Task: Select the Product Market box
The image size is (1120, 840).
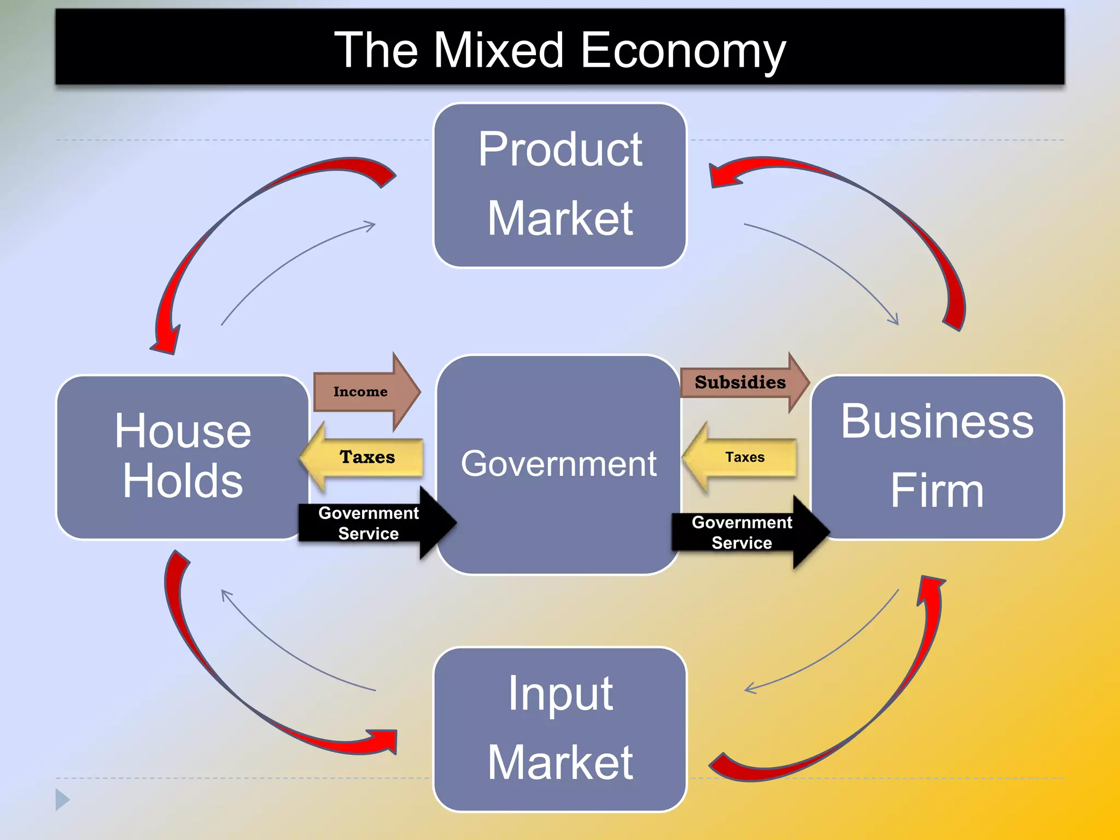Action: coord(559,185)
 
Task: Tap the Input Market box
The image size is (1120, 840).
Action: coord(559,729)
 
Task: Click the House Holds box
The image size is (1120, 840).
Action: coord(182,457)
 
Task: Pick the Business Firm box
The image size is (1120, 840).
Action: coord(936,457)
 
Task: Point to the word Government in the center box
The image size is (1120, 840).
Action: coord(558,464)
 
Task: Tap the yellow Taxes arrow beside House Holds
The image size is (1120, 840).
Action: coord(364,457)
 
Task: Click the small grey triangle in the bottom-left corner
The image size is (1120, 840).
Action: coord(62,800)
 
